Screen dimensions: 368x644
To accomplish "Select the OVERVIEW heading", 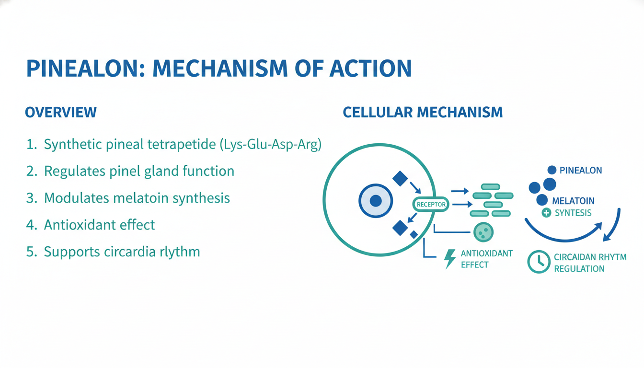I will click(x=60, y=113).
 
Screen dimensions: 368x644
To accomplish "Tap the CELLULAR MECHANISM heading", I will click(x=423, y=113).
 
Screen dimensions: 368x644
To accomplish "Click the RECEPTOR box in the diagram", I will click(x=431, y=205).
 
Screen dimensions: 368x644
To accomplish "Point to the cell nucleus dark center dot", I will click(x=376, y=201).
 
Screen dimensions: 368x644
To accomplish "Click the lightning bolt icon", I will click(x=450, y=259).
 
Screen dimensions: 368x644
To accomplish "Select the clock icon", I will click(x=539, y=262).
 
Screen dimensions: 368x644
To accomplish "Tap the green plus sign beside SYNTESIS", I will click(x=546, y=213).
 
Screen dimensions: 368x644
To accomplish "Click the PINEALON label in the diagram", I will click(x=581, y=170).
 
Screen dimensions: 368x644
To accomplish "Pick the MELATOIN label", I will click(x=573, y=201).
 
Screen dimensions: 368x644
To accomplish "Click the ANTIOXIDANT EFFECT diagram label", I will click(x=486, y=259).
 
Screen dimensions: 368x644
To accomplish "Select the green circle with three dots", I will click(x=483, y=232).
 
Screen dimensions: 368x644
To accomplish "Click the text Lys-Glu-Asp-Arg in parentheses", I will click(x=271, y=145).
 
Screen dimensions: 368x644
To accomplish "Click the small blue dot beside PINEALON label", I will click(x=552, y=170).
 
